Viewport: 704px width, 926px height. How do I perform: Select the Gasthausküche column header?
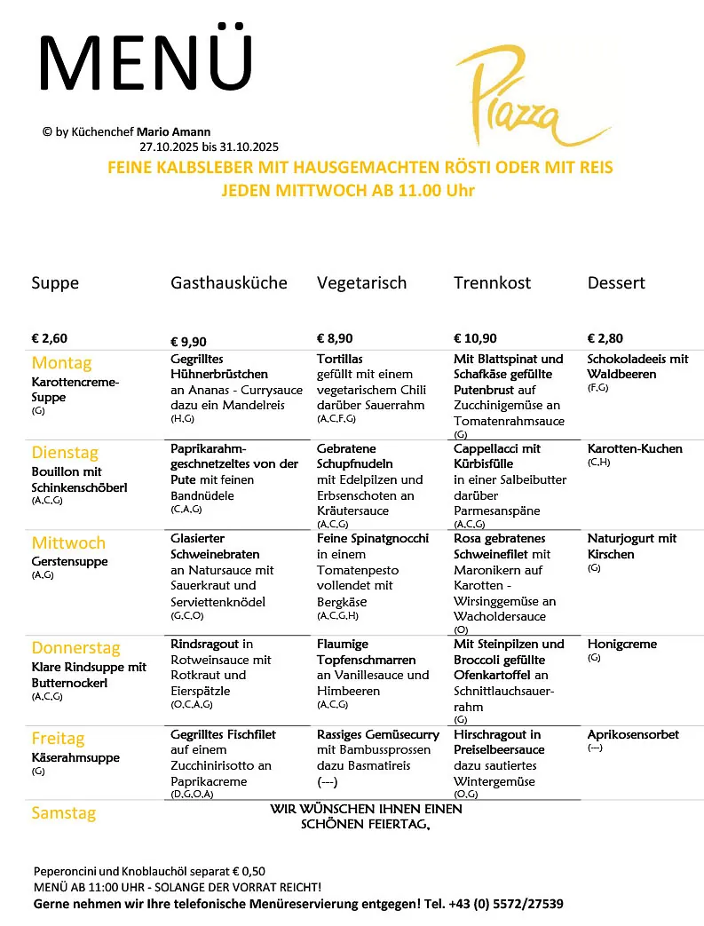point(229,283)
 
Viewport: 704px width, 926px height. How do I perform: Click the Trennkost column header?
point(492,283)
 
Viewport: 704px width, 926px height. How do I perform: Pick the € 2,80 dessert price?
point(605,338)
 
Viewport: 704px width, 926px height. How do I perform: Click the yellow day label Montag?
point(61,363)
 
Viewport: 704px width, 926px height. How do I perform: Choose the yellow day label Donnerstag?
point(75,648)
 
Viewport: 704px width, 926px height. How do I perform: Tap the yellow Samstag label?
point(63,813)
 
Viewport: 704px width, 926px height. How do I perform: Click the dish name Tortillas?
point(340,360)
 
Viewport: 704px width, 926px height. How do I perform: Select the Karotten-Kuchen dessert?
point(635,448)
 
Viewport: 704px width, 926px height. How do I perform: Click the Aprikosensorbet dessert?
point(633,735)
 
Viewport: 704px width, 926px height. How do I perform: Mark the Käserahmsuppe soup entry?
point(75,758)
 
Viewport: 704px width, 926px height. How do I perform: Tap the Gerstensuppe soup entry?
point(69,562)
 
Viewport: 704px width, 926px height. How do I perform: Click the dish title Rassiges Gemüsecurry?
point(378,735)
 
